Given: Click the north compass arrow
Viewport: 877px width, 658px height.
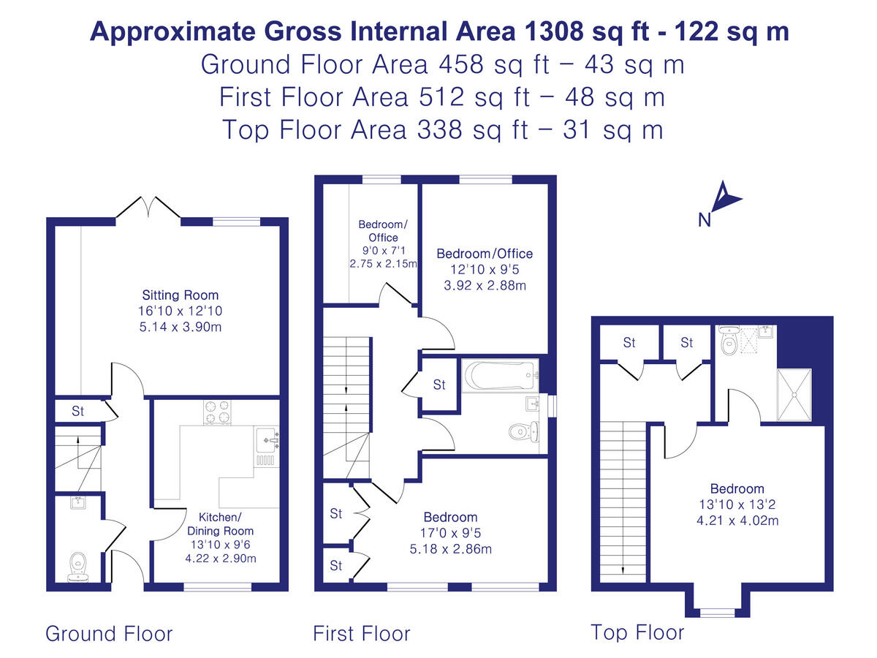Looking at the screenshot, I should tap(726, 196).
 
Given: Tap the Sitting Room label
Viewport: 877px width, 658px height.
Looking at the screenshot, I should tap(180, 295).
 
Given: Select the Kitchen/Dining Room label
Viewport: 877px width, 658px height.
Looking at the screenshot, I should tap(220, 524).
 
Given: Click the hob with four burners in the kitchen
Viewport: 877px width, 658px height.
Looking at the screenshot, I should tap(215, 413).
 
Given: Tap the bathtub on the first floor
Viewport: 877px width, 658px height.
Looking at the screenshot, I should tap(499, 376).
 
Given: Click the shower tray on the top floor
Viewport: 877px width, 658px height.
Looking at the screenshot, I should tap(794, 395).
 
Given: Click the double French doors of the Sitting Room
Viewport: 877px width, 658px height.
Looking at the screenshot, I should tap(148, 208).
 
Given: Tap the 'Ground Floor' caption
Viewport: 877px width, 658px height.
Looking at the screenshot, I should tap(109, 633).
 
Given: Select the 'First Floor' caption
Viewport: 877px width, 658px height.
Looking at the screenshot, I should tap(362, 633).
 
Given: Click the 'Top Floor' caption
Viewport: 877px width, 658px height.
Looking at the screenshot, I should tap(637, 632).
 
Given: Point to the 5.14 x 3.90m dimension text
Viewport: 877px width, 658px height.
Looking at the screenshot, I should tap(180, 327).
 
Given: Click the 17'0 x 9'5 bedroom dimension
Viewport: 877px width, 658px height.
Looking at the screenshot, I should tap(449, 533).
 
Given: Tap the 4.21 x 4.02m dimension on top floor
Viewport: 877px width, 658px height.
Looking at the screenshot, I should tap(737, 521).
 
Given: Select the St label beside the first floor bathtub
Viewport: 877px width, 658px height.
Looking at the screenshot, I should tap(439, 385).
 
